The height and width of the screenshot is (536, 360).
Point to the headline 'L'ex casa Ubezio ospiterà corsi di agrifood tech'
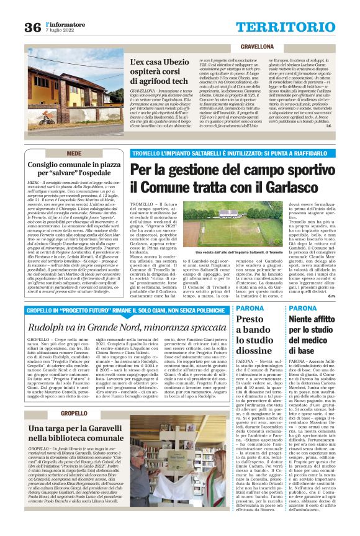pos(160,72)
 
